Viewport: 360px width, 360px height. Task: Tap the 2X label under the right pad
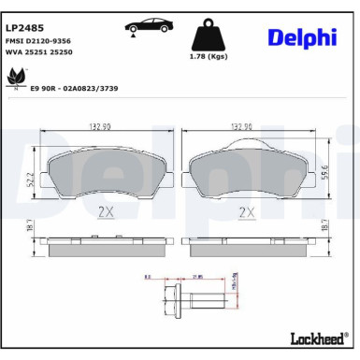(x=246, y=212)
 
